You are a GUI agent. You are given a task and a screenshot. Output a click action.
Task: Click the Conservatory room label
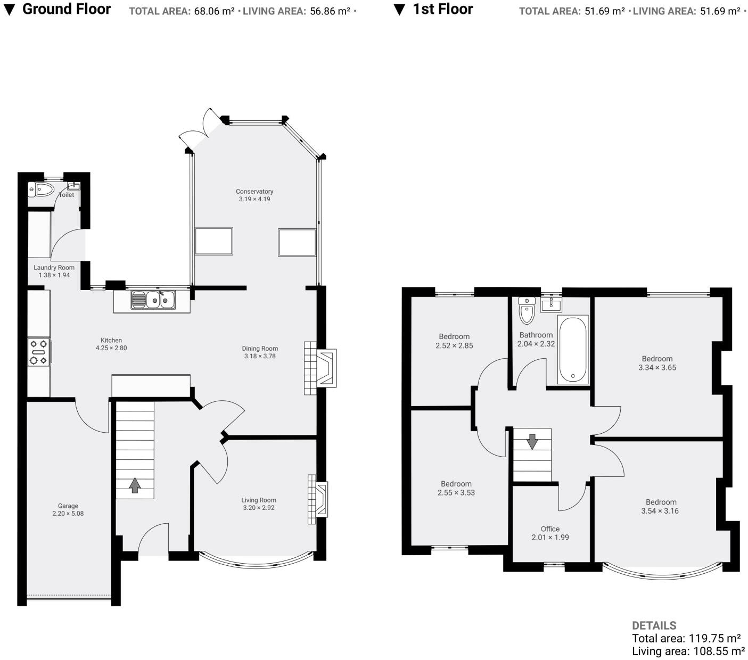[x=254, y=192]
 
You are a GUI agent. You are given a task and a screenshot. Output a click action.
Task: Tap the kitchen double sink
[x=153, y=300]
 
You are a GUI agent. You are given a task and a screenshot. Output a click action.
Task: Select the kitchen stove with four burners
[x=39, y=352]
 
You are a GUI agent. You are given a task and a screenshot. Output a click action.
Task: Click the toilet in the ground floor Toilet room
[x=42, y=189]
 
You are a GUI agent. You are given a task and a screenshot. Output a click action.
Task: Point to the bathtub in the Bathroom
[x=573, y=349]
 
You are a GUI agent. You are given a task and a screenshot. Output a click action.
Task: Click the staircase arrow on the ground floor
[x=135, y=485]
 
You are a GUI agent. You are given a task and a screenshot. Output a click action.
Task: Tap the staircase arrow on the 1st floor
[x=532, y=441]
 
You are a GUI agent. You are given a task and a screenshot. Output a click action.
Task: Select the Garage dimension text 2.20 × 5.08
[x=68, y=514]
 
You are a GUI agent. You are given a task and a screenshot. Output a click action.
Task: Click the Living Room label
[x=259, y=500]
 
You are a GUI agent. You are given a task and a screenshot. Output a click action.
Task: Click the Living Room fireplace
[x=318, y=499]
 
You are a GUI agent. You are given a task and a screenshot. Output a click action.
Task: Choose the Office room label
[x=550, y=529]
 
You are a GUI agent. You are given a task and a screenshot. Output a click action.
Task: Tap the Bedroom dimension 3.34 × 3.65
[x=657, y=367]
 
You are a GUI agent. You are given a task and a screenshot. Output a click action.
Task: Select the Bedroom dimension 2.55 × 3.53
[x=456, y=492]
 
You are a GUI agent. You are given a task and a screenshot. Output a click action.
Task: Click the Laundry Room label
[x=54, y=268]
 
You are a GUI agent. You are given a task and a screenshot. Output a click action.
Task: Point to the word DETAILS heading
[x=654, y=625]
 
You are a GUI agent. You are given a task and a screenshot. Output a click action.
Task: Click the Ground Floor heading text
[x=67, y=9]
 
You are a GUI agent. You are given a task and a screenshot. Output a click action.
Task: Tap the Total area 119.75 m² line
[x=686, y=638]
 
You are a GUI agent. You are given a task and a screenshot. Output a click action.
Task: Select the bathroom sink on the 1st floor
[x=551, y=305]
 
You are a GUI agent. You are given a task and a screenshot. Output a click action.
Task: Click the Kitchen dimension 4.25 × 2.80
[x=111, y=348]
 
